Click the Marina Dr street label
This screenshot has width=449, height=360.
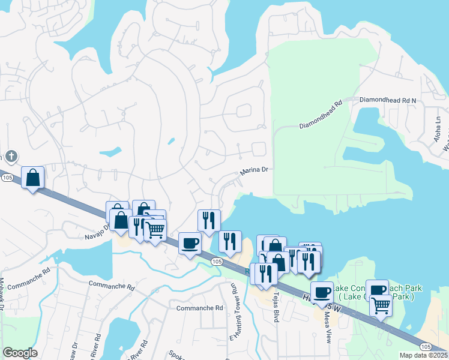tap(254, 171)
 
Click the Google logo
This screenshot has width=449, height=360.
tap(20, 353)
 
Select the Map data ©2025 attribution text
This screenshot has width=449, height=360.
tap(423, 355)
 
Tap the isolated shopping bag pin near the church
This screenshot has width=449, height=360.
tap(33, 178)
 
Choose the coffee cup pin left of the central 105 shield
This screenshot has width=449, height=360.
tap(190, 243)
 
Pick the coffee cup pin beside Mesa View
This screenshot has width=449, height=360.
tap(322, 292)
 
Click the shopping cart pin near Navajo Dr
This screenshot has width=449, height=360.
tap(155, 229)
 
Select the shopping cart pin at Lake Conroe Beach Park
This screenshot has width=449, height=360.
tap(381, 305)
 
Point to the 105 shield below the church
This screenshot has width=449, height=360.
tap(7, 178)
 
